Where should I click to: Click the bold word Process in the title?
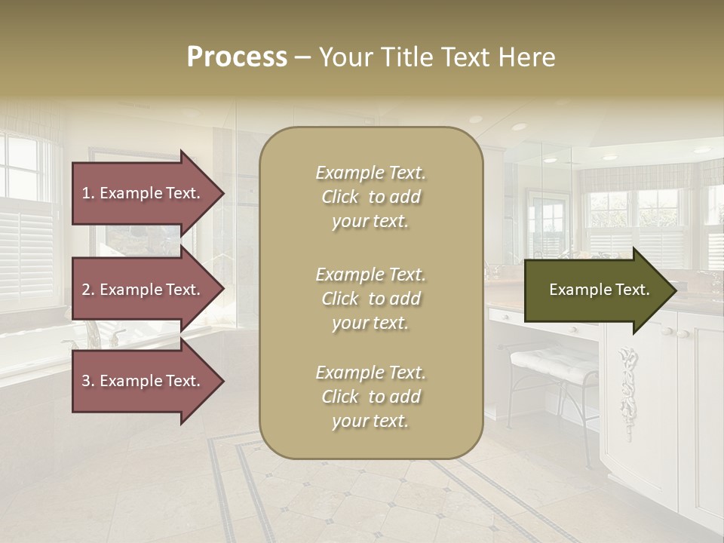[237, 57]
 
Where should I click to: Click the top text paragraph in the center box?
[370, 197]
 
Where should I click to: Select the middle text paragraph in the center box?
[370, 299]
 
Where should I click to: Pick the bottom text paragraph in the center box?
[370, 397]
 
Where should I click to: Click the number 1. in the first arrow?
[88, 193]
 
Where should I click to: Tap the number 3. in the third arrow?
[88, 382]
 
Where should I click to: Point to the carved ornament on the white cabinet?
[626, 381]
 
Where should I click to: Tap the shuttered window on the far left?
[26, 226]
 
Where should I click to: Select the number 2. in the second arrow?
[88, 290]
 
